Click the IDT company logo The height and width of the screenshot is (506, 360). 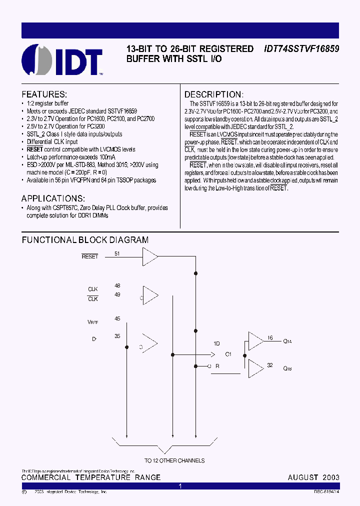62,59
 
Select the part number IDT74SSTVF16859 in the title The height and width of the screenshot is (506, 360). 301,49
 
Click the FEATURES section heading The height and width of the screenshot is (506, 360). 44,94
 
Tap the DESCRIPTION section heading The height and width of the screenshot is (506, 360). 214,94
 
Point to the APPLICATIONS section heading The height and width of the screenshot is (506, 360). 53,198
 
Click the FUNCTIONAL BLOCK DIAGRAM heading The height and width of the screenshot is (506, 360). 85,240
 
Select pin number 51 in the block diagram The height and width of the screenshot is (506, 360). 117,253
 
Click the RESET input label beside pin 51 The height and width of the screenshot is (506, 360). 90,256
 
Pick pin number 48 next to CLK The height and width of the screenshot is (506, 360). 117,286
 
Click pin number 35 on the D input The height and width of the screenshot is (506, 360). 117,336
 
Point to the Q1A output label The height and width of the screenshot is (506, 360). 287,342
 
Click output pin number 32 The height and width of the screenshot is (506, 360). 269,365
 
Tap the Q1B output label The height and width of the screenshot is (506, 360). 287,369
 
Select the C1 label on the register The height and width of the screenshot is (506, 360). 228,354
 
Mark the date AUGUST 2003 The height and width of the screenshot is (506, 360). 313,477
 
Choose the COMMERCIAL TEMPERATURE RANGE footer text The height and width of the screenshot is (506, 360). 91,477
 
